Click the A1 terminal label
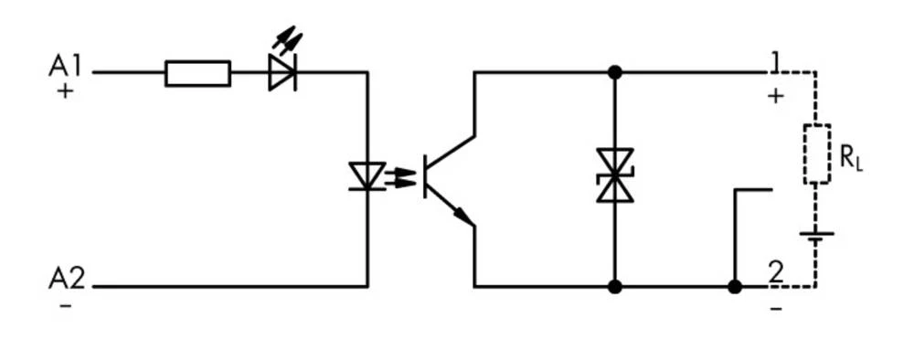[66, 66]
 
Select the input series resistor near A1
[197, 73]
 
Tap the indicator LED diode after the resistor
[282, 73]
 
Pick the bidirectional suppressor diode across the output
[614, 175]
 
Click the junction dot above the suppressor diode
[614, 72]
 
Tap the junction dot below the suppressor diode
[614, 287]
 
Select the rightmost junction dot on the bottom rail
[734, 287]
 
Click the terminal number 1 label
[775, 62]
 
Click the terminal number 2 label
[775, 272]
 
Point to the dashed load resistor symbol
[816, 154]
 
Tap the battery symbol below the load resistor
[816, 236]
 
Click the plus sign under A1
[65, 91]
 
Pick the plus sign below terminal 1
[775, 95]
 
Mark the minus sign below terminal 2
[776, 309]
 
